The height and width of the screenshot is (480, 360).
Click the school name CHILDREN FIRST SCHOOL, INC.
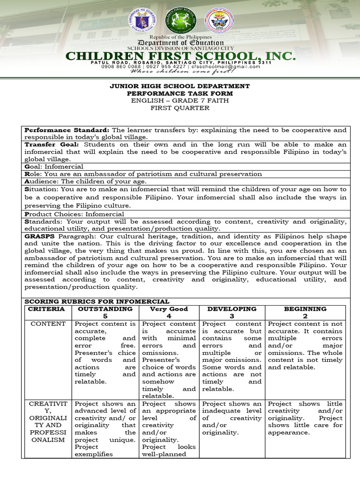pos(180,56)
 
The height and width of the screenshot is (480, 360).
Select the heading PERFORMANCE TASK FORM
pos(180,93)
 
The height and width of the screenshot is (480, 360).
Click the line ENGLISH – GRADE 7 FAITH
pos(180,101)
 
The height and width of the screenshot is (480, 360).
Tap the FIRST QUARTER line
pos(180,108)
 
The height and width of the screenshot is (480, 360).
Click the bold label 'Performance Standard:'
pos(67,130)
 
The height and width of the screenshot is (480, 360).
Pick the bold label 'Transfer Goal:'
pos(52,145)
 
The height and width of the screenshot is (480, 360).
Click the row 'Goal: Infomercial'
pos(54,166)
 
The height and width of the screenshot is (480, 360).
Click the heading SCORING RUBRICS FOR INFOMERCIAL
pos(97,301)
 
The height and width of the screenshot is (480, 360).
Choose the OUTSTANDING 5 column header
pos(105,313)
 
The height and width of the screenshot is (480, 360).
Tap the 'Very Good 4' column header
pos(169,313)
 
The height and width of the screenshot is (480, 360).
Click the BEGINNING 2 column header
pos(305,313)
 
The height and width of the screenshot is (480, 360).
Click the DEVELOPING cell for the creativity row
pos(232,418)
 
